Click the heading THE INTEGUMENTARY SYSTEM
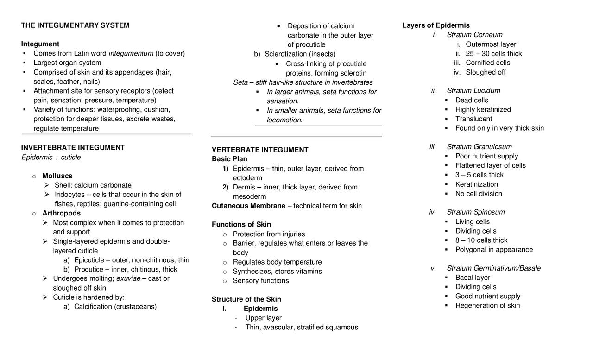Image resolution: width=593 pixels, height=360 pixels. (x=75, y=25)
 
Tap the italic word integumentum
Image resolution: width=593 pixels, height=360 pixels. (x=131, y=53)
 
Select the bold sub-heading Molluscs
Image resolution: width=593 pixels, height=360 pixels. (x=57, y=176)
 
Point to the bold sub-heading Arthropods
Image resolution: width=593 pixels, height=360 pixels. (x=61, y=213)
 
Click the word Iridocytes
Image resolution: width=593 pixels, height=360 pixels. (x=69, y=195)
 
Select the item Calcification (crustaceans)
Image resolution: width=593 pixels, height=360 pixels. (x=115, y=307)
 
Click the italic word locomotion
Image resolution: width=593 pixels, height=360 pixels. (x=284, y=120)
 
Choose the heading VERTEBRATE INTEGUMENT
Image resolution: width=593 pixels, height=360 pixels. (x=260, y=150)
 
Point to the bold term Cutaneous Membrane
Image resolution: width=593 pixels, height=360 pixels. (x=248, y=206)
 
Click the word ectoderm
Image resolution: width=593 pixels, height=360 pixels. (x=247, y=178)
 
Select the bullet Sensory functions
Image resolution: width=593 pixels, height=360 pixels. (x=260, y=281)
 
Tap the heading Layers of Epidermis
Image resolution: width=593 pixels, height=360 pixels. (x=436, y=25)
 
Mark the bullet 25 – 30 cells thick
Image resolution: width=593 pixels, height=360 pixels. (x=494, y=54)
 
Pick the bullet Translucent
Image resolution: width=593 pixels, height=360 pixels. (x=473, y=119)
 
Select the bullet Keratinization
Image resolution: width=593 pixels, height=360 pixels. (x=477, y=184)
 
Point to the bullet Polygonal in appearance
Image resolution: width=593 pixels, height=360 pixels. (x=494, y=250)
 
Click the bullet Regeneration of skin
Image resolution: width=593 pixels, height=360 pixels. (x=487, y=306)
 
